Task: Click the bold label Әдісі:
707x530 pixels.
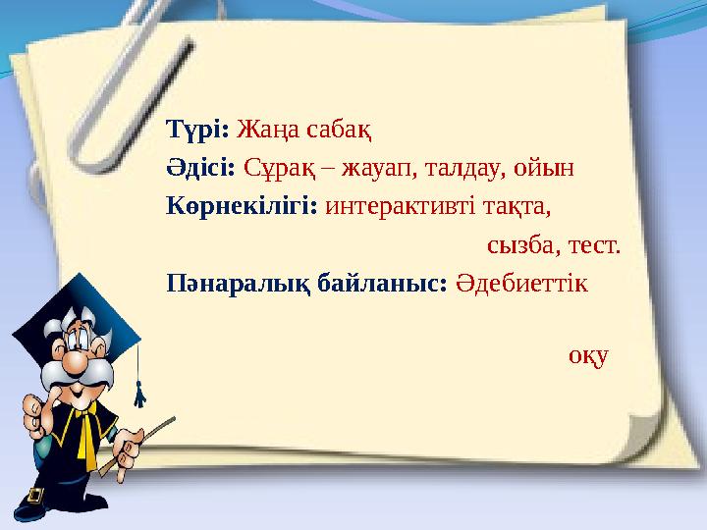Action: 201,167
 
